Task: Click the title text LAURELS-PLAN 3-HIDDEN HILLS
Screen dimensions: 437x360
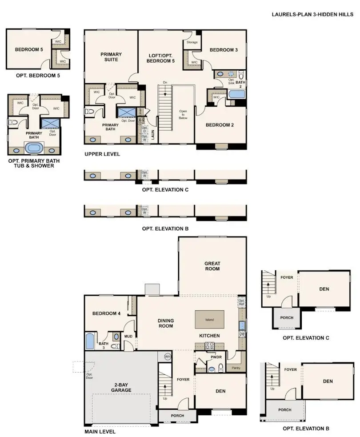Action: (312, 14)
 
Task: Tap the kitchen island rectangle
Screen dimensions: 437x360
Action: (209, 320)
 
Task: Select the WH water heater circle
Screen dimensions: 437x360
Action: (168, 357)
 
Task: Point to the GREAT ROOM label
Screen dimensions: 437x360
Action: (212, 266)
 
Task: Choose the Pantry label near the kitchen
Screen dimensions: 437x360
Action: (236, 368)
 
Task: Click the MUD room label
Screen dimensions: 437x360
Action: (128, 337)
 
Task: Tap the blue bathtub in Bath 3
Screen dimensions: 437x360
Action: (89, 341)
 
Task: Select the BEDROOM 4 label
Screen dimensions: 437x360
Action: (106, 313)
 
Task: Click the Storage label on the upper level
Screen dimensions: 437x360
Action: (192, 43)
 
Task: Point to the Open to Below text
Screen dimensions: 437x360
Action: (183, 115)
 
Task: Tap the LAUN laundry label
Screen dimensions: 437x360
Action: (152, 135)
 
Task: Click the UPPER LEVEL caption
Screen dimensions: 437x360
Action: (102, 154)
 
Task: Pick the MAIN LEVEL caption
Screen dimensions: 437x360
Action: (100, 431)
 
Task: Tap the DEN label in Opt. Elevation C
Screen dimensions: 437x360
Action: (324, 289)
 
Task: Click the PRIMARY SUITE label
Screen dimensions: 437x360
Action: (111, 57)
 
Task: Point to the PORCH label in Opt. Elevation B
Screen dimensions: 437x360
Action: (285, 410)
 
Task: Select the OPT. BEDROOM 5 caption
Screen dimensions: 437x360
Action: (35, 76)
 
